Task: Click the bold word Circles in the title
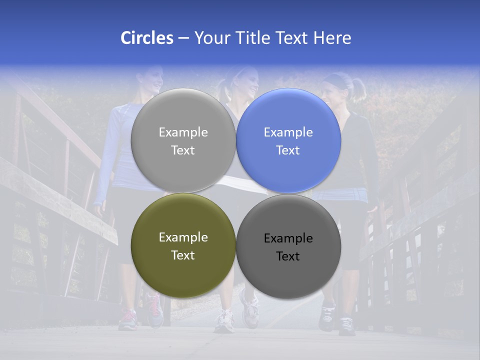146,38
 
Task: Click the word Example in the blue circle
288,132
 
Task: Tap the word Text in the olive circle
183,255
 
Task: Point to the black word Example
288,238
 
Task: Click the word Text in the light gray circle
183,150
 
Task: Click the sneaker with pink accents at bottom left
128,320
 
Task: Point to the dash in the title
183,38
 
